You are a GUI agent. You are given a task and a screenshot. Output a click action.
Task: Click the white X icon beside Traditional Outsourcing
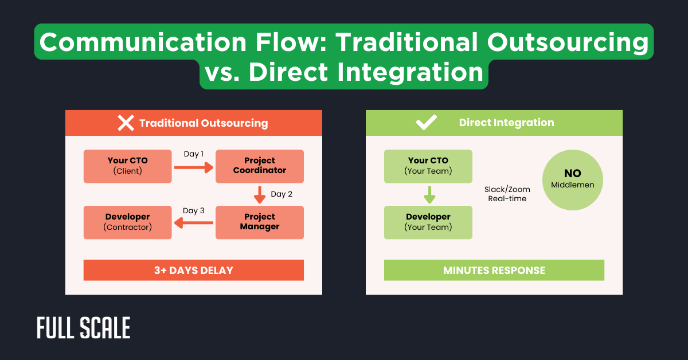[x=126, y=123]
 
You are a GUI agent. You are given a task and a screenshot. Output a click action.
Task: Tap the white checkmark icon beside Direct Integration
[x=427, y=123]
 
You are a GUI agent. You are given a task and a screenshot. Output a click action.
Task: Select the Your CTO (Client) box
[x=127, y=166]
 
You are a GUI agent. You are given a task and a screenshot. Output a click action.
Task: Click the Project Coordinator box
[x=259, y=166]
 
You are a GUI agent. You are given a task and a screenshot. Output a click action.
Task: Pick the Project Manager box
[x=259, y=222]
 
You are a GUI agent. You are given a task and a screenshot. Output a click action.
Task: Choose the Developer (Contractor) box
[x=127, y=222]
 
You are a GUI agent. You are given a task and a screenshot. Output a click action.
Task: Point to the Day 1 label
[x=194, y=154]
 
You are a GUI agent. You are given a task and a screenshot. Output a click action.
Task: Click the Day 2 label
[x=282, y=194]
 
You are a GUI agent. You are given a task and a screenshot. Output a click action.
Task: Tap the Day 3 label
[x=194, y=211]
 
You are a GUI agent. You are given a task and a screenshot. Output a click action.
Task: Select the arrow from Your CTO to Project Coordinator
[x=193, y=167]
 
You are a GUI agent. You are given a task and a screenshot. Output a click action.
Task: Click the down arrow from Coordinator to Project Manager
[x=260, y=195]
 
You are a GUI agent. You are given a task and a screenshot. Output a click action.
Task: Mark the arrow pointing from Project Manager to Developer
[x=193, y=224]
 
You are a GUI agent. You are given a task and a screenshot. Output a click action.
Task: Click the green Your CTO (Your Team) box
[x=428, y=166]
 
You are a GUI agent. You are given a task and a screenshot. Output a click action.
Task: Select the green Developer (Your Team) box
[x=428, y=222]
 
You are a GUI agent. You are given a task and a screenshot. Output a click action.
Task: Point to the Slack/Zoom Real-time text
[x=507, y=194]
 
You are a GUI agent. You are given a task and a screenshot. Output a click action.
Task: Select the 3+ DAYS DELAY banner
[x=193, y=270]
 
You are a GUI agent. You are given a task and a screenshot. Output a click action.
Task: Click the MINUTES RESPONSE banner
[x=494, y=270]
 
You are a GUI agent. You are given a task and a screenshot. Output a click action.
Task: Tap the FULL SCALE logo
[x=84, y=328]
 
